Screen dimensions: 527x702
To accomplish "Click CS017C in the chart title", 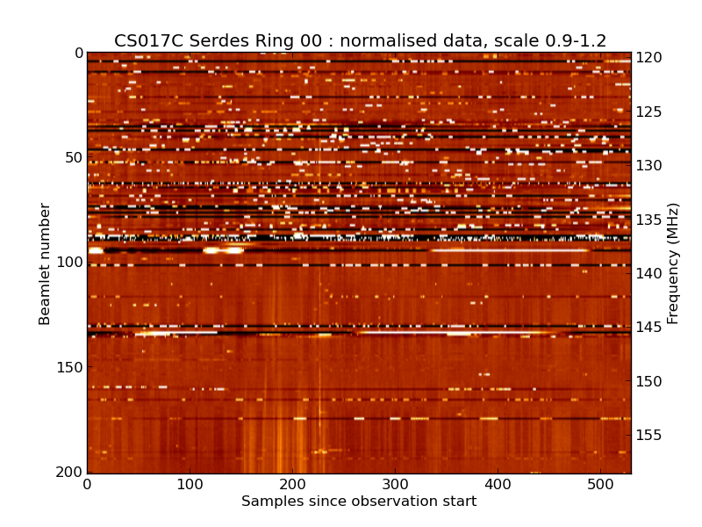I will pyautogui.click(x=144, y=41).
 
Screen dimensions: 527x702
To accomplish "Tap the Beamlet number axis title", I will pyautogui.click(x=46, y=263).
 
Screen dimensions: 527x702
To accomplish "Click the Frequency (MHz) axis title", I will pyautogui.click(x=673, y=263).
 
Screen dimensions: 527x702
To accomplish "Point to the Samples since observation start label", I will pyautogui.click(x=359, y=502).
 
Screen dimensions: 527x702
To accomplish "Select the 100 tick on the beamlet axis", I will pyautogui.click(x=70, y=263).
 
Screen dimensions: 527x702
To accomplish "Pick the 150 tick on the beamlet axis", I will pyautogui.click(x=70, y=367).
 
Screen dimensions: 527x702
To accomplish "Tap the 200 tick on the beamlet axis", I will pyautogui.click(x=70, y=473).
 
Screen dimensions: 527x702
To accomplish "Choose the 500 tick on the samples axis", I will pyautogui.click(x=600, y=484).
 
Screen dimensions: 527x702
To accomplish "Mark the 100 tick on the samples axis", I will pyautogui.click(x=190, y=484).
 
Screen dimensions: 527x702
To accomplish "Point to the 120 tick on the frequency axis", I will pyautogui.click(x=649, y=58).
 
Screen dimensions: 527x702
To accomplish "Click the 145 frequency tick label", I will pyautogui.click(x=649, y=328).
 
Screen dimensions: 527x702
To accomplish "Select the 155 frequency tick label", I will pyautogui.click(x=649, y=436).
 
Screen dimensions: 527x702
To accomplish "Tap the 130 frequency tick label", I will pyautogui.click(x=649, y=166).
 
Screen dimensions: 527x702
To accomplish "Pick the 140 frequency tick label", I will pyautogui.click(x=649, y=274).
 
